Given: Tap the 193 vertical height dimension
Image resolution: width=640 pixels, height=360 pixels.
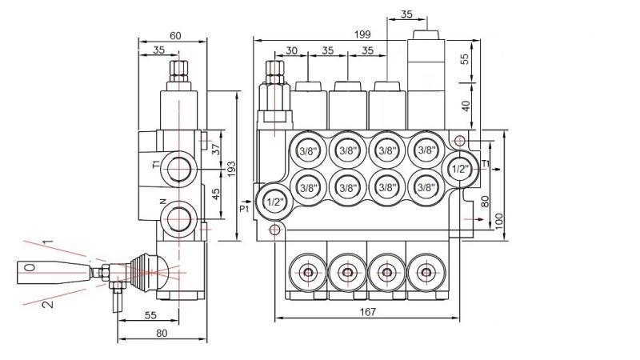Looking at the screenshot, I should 230,168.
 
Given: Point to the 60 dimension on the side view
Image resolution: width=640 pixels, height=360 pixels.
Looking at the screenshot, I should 174,34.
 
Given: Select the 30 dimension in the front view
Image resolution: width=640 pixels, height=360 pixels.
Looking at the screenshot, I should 291,50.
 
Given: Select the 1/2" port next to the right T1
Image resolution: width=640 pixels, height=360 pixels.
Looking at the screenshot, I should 459,169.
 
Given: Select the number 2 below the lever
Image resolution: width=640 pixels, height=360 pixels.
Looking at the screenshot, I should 48,304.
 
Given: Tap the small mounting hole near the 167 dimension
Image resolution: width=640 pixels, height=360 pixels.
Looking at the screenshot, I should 275,231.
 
